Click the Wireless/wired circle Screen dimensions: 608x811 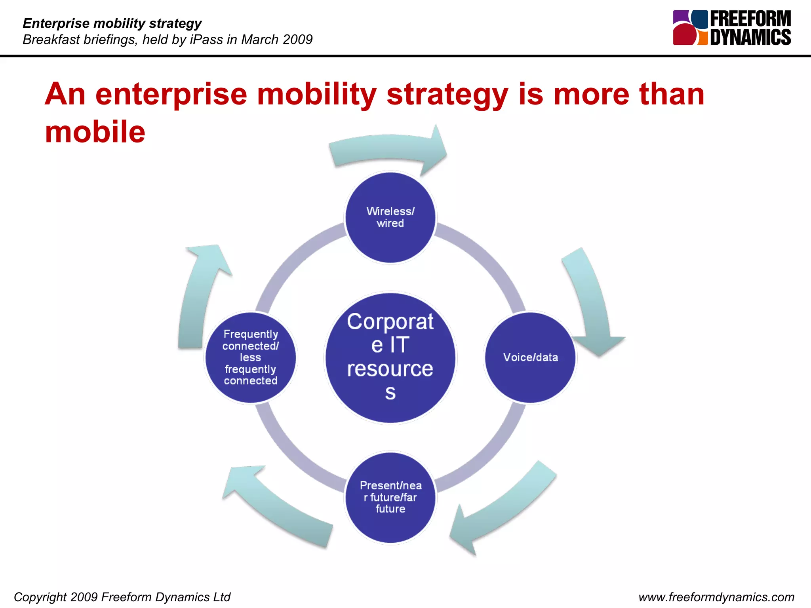pos(390,217)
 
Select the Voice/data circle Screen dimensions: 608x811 pos(530,357)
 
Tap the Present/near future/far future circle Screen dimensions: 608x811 pos(390,498)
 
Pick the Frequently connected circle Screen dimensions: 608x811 pos(250,357)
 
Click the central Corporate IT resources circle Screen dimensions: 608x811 pos(390,357)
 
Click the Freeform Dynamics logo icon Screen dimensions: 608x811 pos(690,28)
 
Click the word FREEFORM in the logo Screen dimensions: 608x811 pos(750,19)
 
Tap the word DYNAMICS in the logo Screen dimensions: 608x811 pos(750,37)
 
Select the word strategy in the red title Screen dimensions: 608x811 pos(447,95)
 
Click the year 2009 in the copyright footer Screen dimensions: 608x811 pos(84,597)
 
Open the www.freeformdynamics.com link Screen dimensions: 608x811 pos(716,597)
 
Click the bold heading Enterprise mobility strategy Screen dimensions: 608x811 pos(112,23)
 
